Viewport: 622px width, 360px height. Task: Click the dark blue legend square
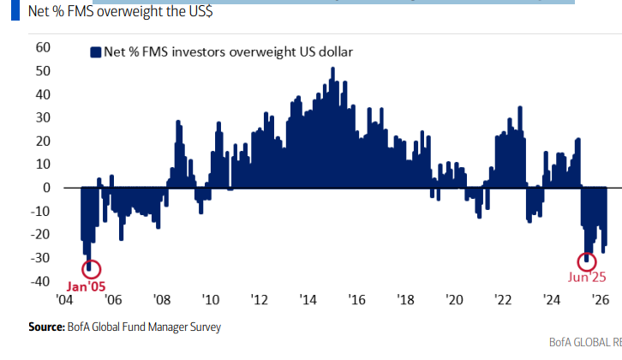[x=95, y=51]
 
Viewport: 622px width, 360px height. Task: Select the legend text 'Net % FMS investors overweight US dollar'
[x=228, y=51]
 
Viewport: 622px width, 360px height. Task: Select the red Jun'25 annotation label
[x=587, y=277]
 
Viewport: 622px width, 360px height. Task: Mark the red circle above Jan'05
[x=90, y=268]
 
